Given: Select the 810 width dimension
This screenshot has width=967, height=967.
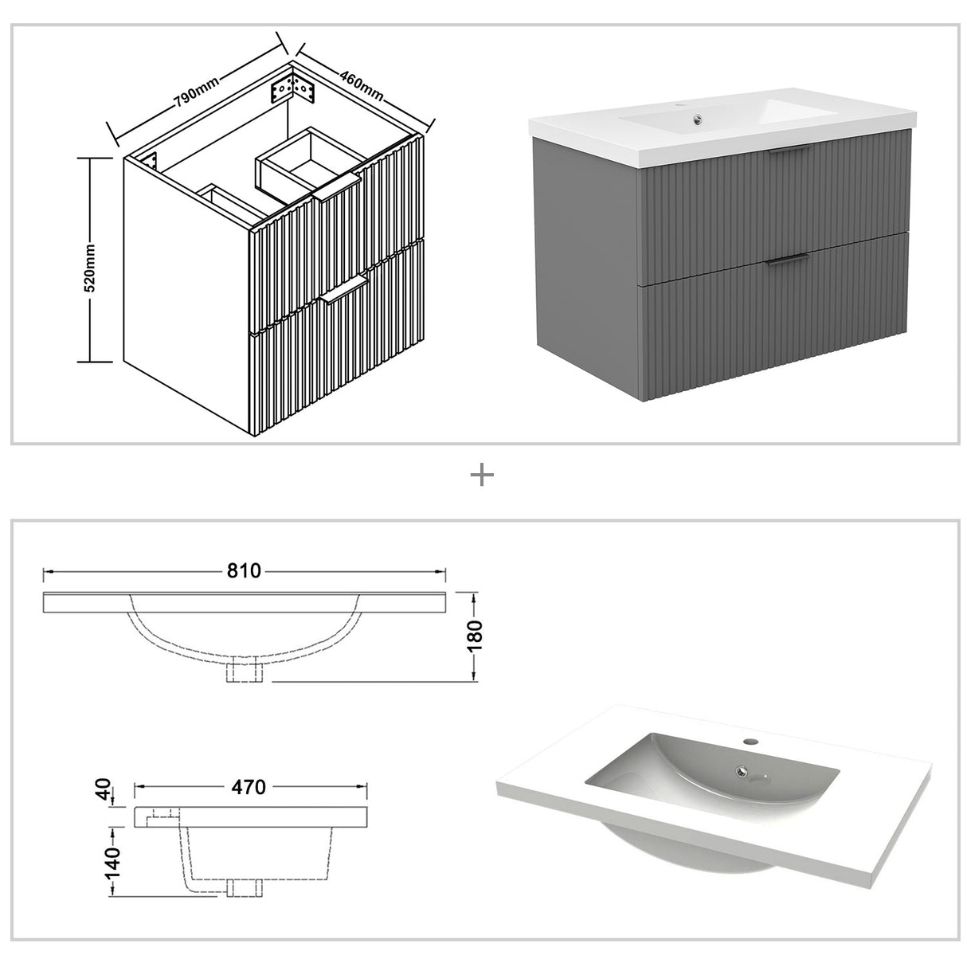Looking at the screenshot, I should [x=245, y=571].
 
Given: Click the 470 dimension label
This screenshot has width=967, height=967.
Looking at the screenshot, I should [x=248, y=787].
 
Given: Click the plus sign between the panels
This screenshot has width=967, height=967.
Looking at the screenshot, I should [x=483, y=476].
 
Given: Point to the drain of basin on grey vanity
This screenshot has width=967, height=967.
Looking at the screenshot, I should [x=698, y=121].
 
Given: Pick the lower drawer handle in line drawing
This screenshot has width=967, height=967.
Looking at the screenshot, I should [x=345, y=292].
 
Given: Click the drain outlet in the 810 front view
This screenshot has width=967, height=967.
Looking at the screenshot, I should [x=245, y=671].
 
